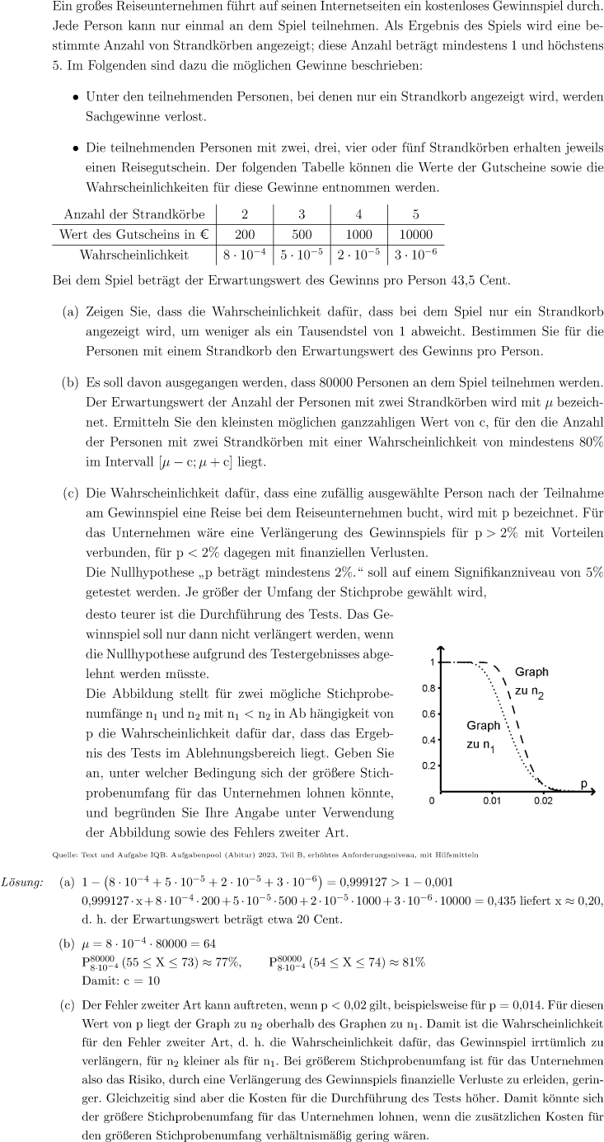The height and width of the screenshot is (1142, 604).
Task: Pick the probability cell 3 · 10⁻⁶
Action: tap(415, 254)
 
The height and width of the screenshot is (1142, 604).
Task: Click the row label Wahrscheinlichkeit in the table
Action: tap(133, 255)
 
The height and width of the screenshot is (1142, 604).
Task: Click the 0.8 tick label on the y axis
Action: tap(428, 688)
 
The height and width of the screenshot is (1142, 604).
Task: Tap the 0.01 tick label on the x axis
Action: tap(492, 801)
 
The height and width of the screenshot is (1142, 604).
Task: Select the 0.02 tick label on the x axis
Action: tap(542, 801)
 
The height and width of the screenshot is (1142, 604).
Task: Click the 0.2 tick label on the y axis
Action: tap(428, 765)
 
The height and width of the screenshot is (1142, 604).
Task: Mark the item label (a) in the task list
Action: tap(73, 314)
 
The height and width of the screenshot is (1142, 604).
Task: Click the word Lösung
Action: tap(23, 883)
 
